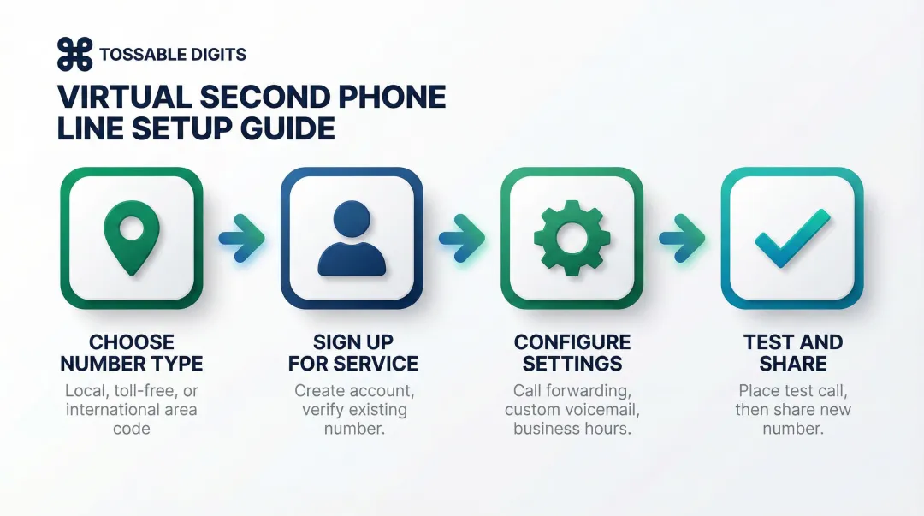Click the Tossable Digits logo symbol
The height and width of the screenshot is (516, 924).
[x=74, y=55]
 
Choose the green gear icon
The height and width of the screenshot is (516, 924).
[x=572, y=237]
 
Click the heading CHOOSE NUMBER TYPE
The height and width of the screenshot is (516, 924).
[x=131, y=353]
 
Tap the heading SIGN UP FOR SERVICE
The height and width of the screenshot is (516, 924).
[x=352, y=353]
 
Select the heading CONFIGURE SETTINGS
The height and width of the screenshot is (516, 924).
[x=572, y=353]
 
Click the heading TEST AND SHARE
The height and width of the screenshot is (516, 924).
[x=793, y=353]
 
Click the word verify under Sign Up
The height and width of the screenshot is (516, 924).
[x=324, y=409]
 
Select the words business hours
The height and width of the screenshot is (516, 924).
[x=572, y=428]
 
